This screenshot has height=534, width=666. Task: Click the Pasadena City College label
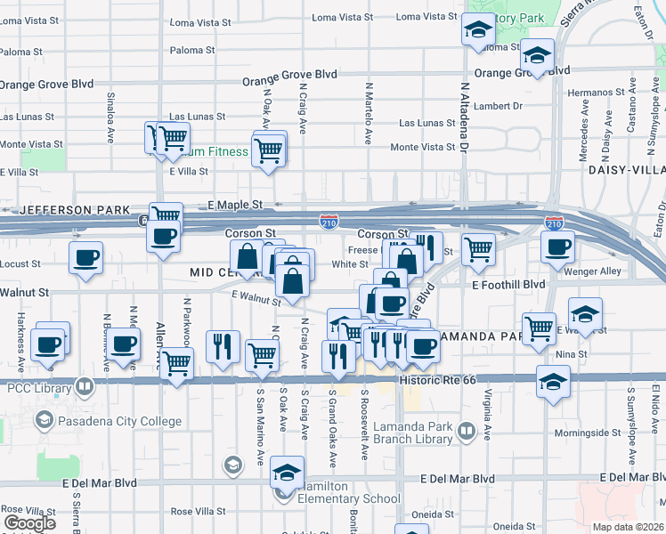coord(119,421)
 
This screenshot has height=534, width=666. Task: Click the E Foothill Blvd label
coord(508,285)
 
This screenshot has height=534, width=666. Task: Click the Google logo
coord(29,523)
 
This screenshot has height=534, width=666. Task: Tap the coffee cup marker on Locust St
coord(85,258)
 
